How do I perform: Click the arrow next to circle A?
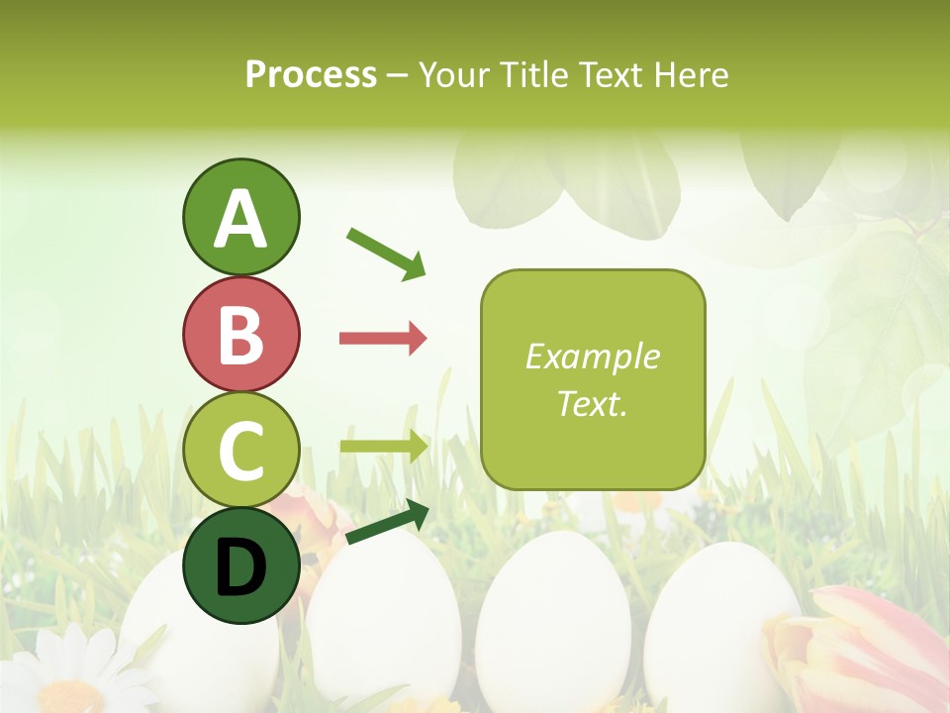coord(386,253)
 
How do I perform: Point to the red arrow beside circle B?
coord(383,339)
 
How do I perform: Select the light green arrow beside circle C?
coord(384,446)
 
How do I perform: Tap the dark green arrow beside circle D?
coord(387,523)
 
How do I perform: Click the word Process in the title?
coord(311,75)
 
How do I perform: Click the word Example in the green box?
coord(593,356)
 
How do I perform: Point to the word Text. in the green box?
coord(593,403)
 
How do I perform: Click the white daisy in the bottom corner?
coord(69,673)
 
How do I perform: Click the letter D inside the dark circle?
coord(241,568)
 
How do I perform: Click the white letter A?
coord(241,219)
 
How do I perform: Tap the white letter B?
coord(241,335)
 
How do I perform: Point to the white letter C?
coord(241,450)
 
